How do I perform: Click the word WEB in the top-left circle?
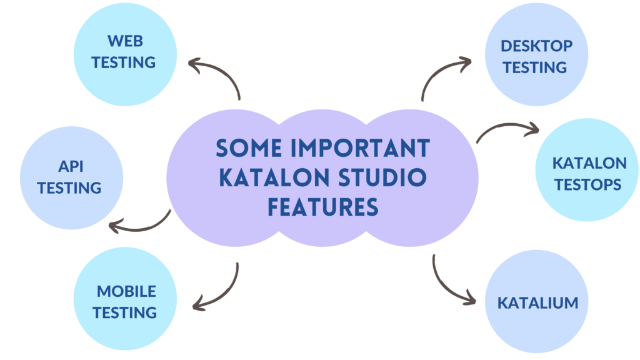pyautogui.click(x=125, y=41)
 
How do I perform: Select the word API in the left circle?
pyautogui.click(x=71, y=166)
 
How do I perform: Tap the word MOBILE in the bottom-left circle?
pyautogui.click(x=126, y=291)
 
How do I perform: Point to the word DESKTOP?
pyautogui.click(x=536, y=46)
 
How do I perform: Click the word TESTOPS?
pyautogui.click(x=587, y=185)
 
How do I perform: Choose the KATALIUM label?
pyautogui.click(x=537, y=303)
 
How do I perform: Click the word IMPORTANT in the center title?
pyautogui.click(x=360, y=147)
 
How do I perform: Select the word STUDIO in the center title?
pyautogui.click(x=382, y=177)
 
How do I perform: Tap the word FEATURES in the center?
pyautogui.click(x=323, y=207)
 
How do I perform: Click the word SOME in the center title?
pyautogui.click(x=249, y=147)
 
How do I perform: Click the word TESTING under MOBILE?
pyautogui.click(x=124, y=313)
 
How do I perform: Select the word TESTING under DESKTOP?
pyautogui.click(x=535, y=67)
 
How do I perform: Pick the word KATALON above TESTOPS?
pyautogui.click(x=589, y=163)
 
